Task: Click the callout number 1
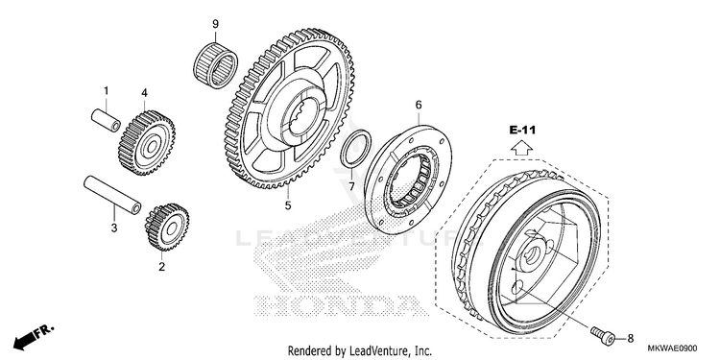106,91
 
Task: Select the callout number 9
215,24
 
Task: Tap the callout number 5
288,205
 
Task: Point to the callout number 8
630,339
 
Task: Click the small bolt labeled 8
603,334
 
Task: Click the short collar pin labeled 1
106,120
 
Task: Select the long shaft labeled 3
112,196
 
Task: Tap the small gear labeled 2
167,227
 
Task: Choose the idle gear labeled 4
147,143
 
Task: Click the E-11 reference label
522,131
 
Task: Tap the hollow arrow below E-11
522,148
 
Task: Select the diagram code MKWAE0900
672,348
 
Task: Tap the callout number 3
114,228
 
